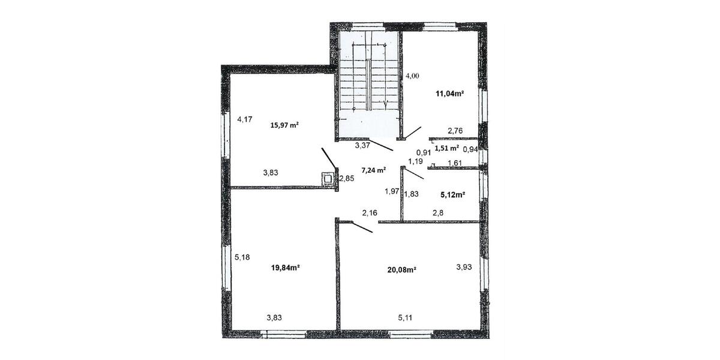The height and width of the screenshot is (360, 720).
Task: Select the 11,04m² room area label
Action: (x=450, y=93)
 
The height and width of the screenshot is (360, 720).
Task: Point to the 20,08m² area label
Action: (x=401, y=269)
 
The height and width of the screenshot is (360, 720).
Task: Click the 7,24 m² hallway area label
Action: (x=373, y=170)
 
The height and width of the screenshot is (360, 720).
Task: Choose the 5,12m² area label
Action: (x=453, y=194)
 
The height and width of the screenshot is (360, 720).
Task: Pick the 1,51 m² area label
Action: (x=446, y=148)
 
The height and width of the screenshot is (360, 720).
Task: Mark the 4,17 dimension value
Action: (x=244, y=119)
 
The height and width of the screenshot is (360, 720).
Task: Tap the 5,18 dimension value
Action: (x=242, y=257)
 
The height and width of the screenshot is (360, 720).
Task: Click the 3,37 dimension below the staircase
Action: (x=362, y=145)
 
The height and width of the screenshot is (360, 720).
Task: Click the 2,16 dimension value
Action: (x=370, y=212)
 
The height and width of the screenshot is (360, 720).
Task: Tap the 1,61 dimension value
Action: (x=454, y=163)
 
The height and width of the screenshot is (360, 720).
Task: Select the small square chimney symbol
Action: (x=328, y=178)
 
